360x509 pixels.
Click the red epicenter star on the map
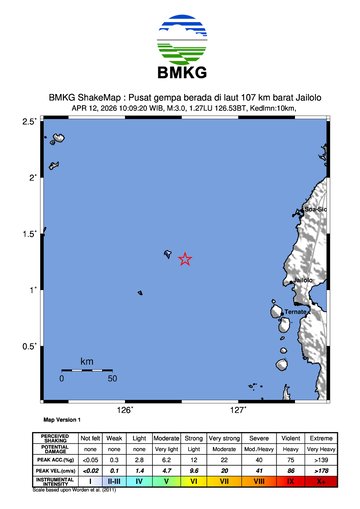(185, 259)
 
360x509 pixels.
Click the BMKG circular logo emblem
(181, 39)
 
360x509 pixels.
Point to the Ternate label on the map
(296, 312)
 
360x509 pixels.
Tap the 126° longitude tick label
(126, 410)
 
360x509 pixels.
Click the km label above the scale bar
(87, 361)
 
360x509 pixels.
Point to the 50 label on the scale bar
(113, 379)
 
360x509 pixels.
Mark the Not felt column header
(91, 438)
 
